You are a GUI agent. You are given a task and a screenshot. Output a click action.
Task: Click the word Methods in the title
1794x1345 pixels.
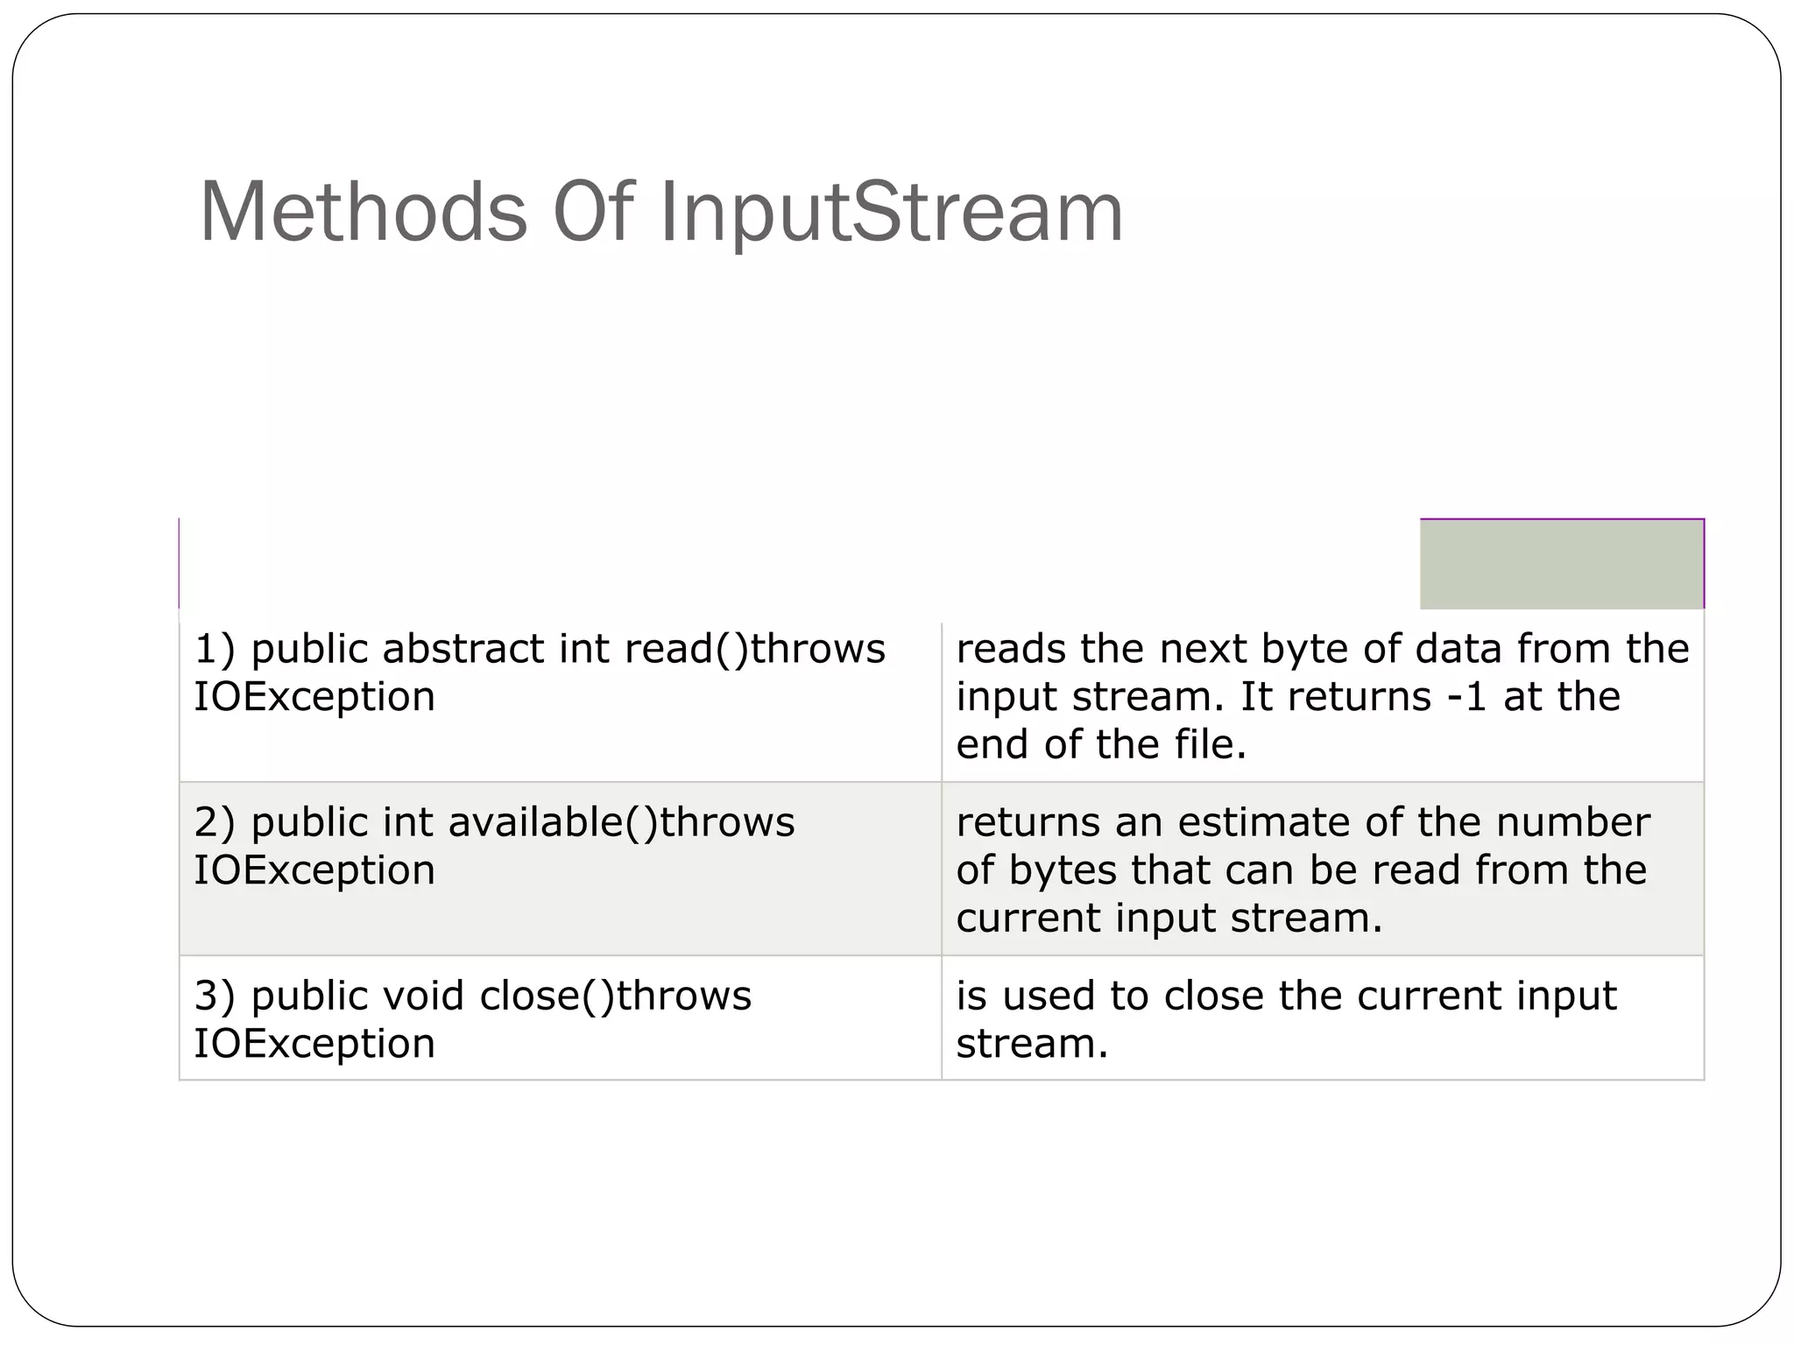pos(363,212)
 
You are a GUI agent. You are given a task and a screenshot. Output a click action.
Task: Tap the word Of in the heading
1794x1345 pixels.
pos(592,212)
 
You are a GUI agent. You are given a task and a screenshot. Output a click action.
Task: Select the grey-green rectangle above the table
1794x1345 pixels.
pos(1561,563)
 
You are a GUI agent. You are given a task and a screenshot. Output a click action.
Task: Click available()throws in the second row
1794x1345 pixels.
pos(621,822)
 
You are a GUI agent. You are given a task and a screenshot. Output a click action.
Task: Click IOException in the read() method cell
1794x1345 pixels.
pos(314,697)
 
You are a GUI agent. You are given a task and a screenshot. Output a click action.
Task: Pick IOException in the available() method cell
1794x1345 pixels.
pos(314,870)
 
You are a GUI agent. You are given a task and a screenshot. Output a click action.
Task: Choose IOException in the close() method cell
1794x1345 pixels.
pos(314,1044)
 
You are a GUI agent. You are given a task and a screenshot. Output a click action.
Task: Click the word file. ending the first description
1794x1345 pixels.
pos(1210,744)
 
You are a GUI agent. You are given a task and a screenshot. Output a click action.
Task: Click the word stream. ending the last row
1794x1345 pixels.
pos(1032,1044)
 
